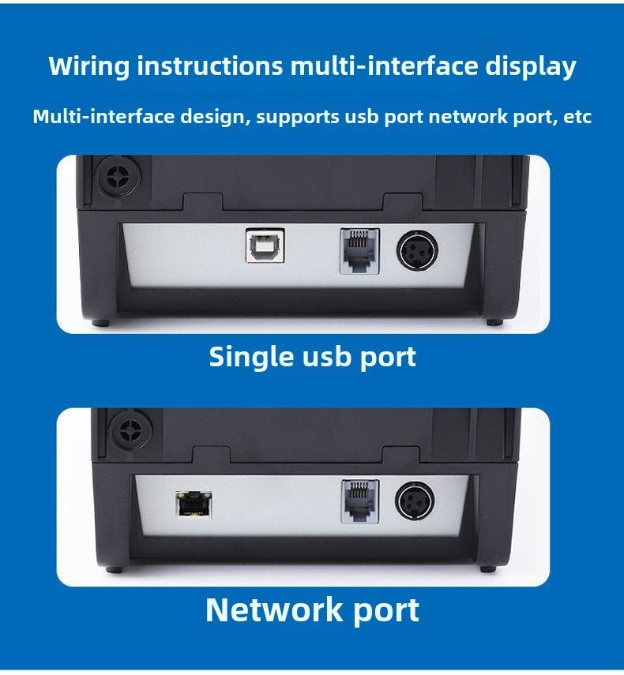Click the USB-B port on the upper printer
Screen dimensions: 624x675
[x=265, y=246]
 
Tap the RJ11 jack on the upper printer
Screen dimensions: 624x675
[x=359, y=251]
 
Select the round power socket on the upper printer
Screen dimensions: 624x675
[x=417, y=251]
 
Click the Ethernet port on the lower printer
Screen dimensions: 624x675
[x=194, y=504]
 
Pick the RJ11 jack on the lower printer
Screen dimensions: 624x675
[x=360, y=501]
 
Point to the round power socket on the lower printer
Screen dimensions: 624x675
[x=415, y=501]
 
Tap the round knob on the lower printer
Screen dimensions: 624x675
[x=130, y=429]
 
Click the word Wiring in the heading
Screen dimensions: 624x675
[x=88, y=67]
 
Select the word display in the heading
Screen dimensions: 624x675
[x=531, y=67]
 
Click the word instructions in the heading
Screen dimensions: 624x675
[x=210, y=66]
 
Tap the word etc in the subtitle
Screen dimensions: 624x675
[x=577, y=117]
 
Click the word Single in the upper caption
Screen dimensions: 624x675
[x=252, y=358]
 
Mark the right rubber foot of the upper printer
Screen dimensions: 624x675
[x=494, y=322]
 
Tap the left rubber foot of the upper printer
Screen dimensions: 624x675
[x=100, y=322]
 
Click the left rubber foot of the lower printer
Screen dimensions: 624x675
[x=114, y=569]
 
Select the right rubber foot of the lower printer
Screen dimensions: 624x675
[x=488, y=568]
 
